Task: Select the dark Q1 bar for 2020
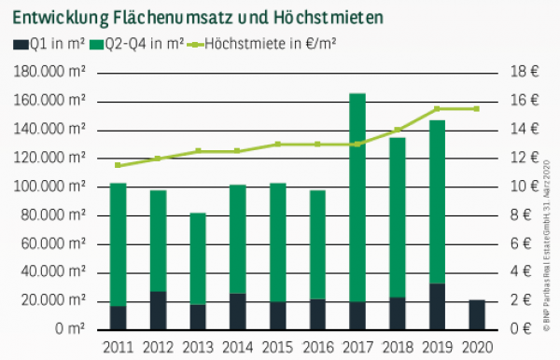[x=476, y=314]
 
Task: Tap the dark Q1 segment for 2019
[x=437, y=306]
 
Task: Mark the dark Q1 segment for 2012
[x=158, y=310]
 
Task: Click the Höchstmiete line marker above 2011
[x=118, y=165]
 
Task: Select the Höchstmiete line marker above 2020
[x=476, y=109]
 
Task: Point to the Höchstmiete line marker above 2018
[x=397, y=130]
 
